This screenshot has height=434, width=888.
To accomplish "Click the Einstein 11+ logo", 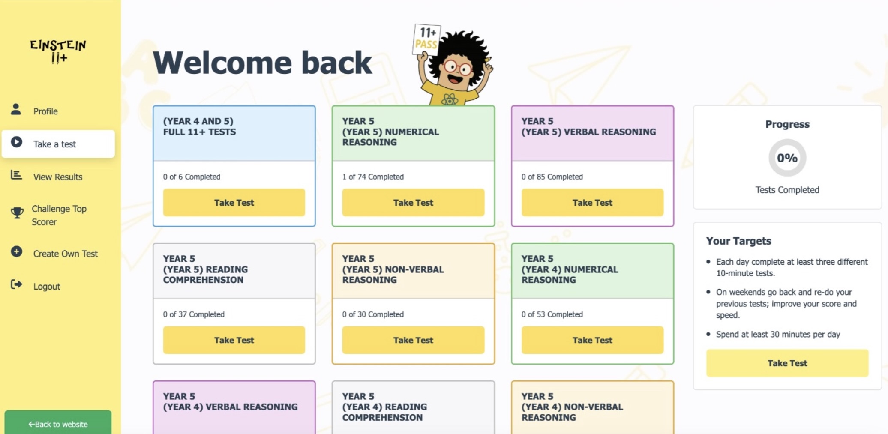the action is pos(58,51).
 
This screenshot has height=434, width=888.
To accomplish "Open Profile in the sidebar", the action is pos(45,111).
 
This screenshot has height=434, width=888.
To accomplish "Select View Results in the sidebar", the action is pos(58,177).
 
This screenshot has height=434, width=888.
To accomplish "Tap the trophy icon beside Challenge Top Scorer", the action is pos(17,213).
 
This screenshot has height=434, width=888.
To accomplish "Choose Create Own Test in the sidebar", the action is pos(66,254).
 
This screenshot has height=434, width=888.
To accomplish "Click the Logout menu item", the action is pos(47,286).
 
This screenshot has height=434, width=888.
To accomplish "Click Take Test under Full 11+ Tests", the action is pos(234,202).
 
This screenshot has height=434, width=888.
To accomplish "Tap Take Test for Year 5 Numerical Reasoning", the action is pos(413,202).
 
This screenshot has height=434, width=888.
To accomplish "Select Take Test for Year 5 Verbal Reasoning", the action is pos(592,202).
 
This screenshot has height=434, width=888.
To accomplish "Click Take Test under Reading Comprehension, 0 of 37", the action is pos(234,340).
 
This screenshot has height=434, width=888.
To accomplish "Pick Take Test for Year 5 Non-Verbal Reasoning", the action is pos(413,340).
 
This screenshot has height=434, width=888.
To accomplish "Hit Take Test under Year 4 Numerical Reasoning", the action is pos(592,340).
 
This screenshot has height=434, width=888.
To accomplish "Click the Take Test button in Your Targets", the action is pos(787,363).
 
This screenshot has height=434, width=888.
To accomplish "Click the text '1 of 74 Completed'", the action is pos(373,177).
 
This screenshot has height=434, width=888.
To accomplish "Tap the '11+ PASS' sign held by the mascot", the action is pos(426,39).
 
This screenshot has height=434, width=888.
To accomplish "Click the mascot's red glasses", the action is pos(457,67).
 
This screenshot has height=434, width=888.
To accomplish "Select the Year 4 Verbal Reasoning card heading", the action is pos(230,401).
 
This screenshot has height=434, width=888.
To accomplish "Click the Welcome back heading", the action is pos(262,63).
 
